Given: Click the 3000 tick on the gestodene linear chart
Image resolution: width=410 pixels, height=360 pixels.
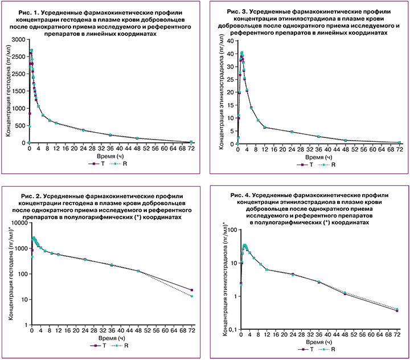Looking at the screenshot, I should tap(18, 40).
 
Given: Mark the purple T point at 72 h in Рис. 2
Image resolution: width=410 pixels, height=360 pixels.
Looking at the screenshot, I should tap(192, 291).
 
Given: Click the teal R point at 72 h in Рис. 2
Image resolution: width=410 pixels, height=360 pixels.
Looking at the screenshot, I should tap(192, 296).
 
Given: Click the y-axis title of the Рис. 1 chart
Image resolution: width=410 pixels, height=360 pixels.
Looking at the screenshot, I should tap(9, 91).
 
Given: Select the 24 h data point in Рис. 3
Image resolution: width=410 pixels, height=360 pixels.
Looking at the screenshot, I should tap(292, 132).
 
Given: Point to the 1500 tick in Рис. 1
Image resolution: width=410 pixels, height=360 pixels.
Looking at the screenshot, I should tap(18, 91).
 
